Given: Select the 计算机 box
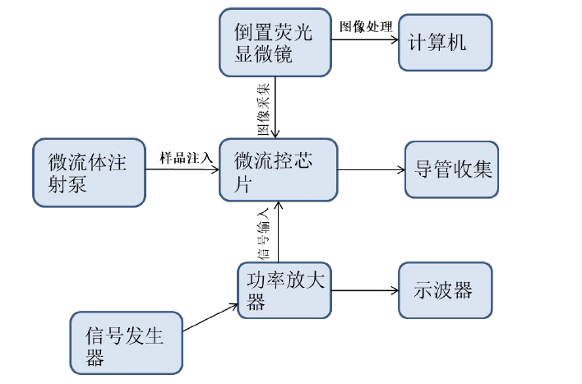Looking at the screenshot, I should (446, 43).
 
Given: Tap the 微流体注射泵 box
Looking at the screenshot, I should (88, 173).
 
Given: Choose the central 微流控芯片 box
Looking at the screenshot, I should (278, 169).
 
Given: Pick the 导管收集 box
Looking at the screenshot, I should (451, 170).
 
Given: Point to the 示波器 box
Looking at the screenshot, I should (446, 290).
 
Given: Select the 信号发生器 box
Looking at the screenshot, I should (126, 343).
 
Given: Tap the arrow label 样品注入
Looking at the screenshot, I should (186, 156).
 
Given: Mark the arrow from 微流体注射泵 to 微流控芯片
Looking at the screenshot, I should (182, 170).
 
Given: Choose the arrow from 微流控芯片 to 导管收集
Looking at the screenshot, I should (371, 170).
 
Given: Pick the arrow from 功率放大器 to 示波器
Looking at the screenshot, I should (365, 290).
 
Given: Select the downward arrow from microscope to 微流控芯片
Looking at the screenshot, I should (279, 107).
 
